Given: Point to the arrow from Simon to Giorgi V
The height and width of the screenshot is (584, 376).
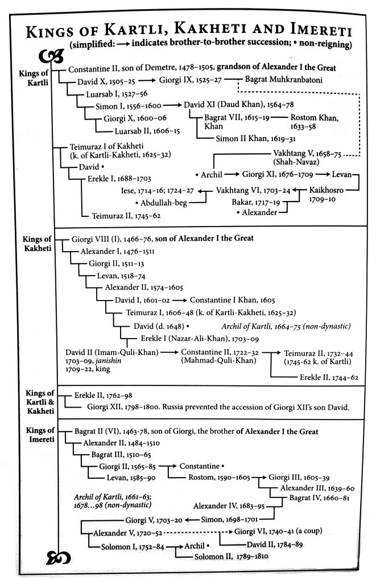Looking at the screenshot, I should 192,519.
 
